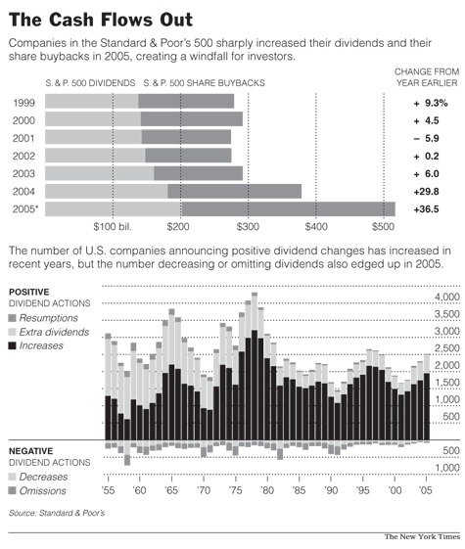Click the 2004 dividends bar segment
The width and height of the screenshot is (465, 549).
click(x=106, y=191)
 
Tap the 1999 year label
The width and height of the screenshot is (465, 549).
click(x=26, y=103)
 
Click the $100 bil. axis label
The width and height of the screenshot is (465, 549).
click(x=112, y=226)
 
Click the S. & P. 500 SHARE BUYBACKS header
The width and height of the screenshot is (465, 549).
click(x=204, y=83)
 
